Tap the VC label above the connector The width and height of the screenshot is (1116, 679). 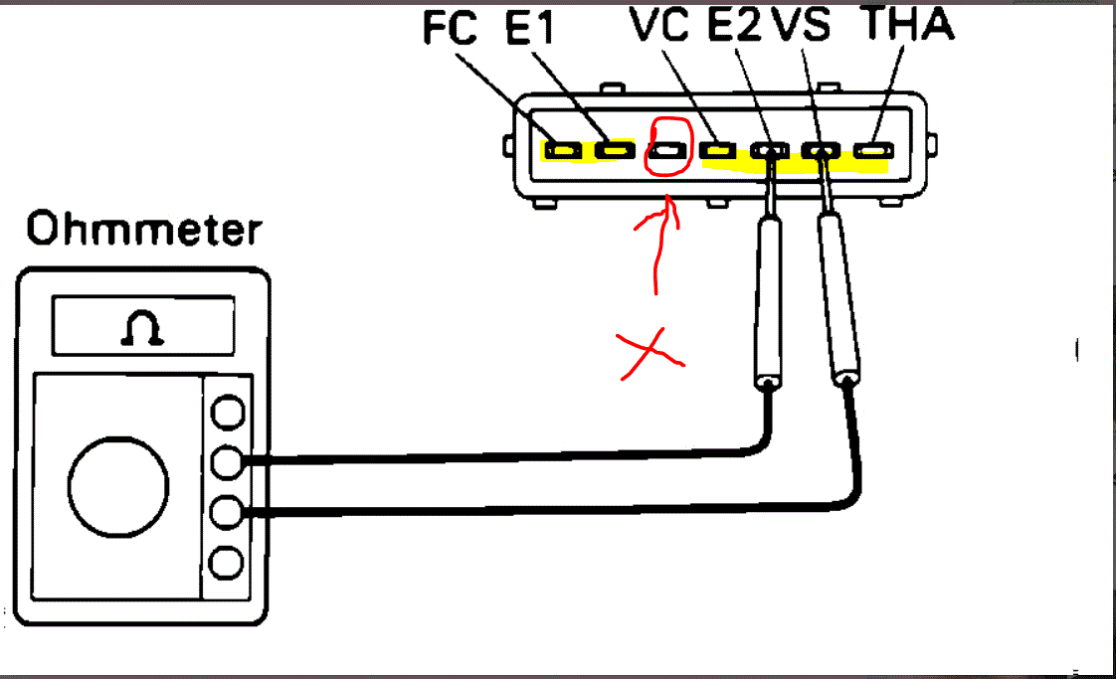[658, 27]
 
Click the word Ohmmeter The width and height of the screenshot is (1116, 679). [144, 230]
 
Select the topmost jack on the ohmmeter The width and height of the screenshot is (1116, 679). [229, 411]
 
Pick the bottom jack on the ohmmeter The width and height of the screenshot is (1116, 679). [229, 564]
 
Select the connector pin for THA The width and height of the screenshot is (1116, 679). [872, 151]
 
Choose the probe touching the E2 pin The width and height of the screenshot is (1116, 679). [767, 298]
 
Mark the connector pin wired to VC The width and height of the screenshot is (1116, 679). [717, 151]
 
